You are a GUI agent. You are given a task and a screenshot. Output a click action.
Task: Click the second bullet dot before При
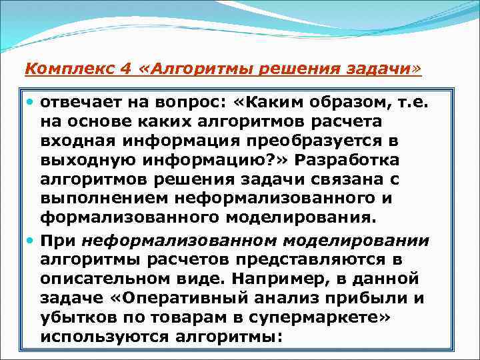[31, 241]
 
